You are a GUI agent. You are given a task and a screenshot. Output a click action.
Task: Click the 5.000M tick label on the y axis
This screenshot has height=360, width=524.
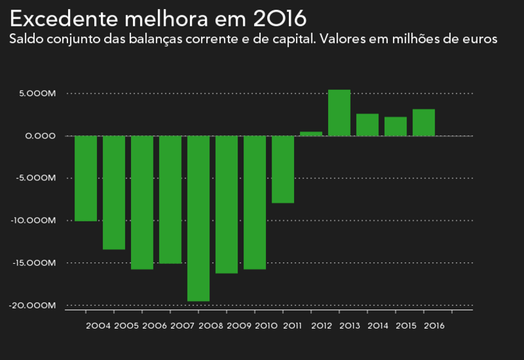tap(38, 94)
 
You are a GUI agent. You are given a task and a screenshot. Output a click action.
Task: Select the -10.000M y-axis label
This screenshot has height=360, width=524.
tap(35, 221)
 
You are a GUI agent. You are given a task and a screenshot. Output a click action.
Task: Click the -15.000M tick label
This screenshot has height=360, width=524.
tap(35, 263)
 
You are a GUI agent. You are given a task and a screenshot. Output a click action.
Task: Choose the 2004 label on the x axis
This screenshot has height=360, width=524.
tap(98, 326)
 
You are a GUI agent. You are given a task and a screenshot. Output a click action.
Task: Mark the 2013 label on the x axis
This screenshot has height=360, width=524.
tap(349, 326)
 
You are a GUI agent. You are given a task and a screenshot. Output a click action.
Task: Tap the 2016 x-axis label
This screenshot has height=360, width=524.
tap(435, 326)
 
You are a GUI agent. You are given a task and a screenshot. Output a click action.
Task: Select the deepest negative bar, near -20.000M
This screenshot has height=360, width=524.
tap(198, 218)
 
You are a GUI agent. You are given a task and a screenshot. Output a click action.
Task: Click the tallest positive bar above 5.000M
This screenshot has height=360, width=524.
tap(339, 113)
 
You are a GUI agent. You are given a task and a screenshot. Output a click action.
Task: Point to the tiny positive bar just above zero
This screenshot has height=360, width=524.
tap(311, 133)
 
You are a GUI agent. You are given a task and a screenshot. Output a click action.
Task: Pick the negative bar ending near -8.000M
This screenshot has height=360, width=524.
tap(283, 169)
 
